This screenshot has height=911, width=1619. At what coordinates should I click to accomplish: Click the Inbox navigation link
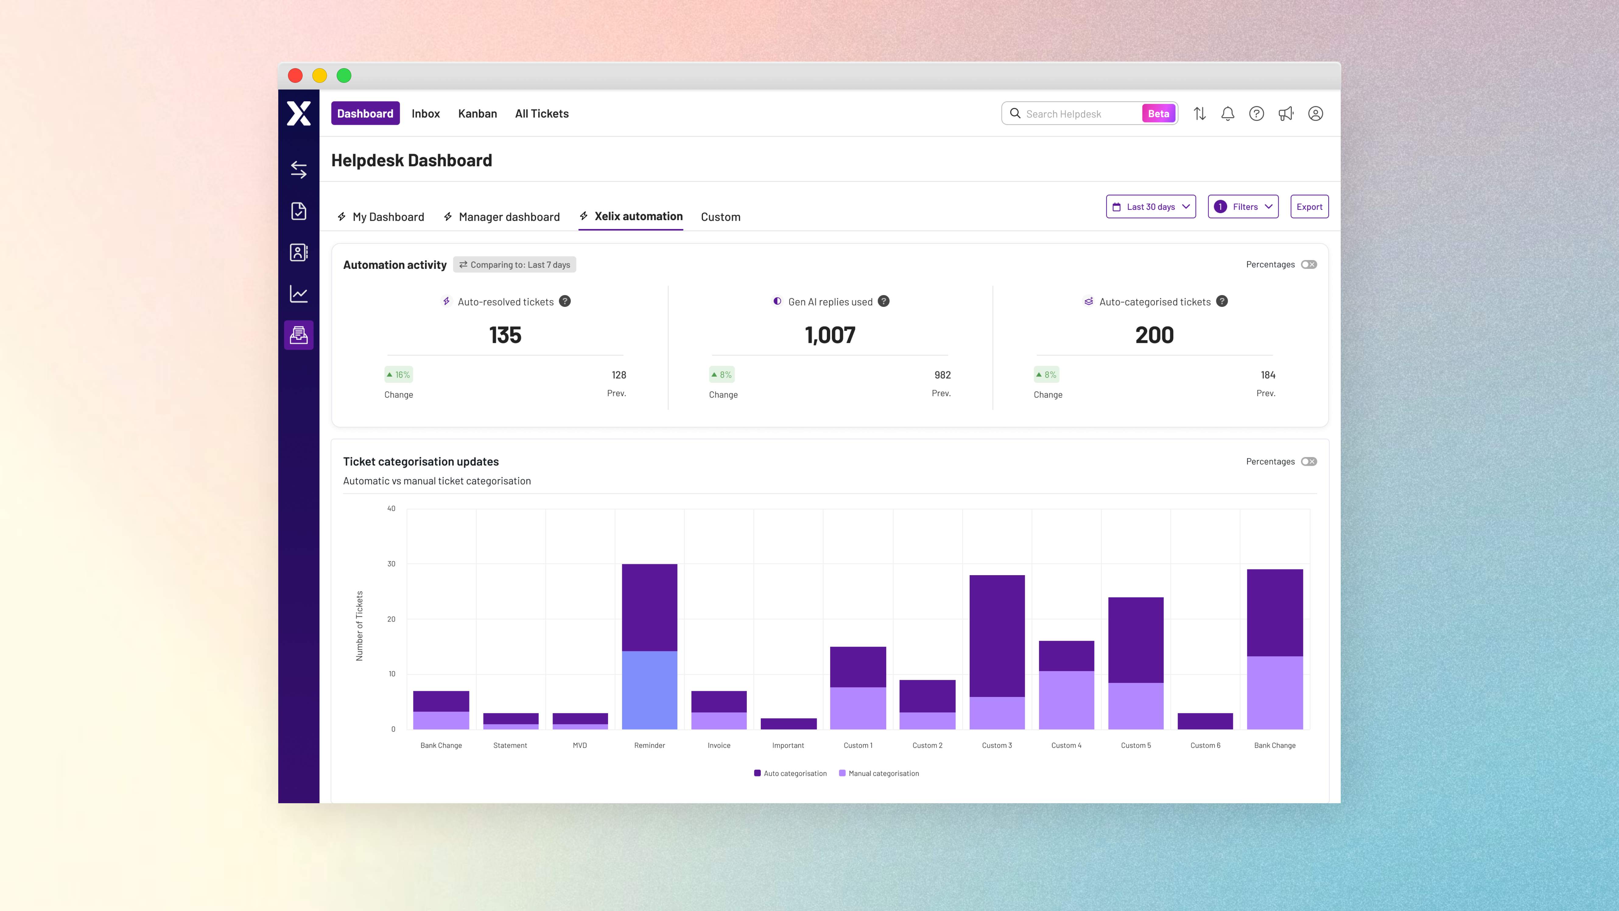(x=426, y=113)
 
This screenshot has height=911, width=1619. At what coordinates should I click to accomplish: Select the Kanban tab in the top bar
(x=477, y=113)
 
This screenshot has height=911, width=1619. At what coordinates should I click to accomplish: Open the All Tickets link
(x=542, y=113)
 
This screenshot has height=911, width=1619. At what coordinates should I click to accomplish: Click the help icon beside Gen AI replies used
(x=884, y=301)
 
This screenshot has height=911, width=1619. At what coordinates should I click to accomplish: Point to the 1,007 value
(x=830, y=335)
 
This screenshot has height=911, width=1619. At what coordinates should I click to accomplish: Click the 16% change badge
(x=399, y=375)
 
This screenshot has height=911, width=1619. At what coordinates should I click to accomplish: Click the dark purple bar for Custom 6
(x=1205, y=721)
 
